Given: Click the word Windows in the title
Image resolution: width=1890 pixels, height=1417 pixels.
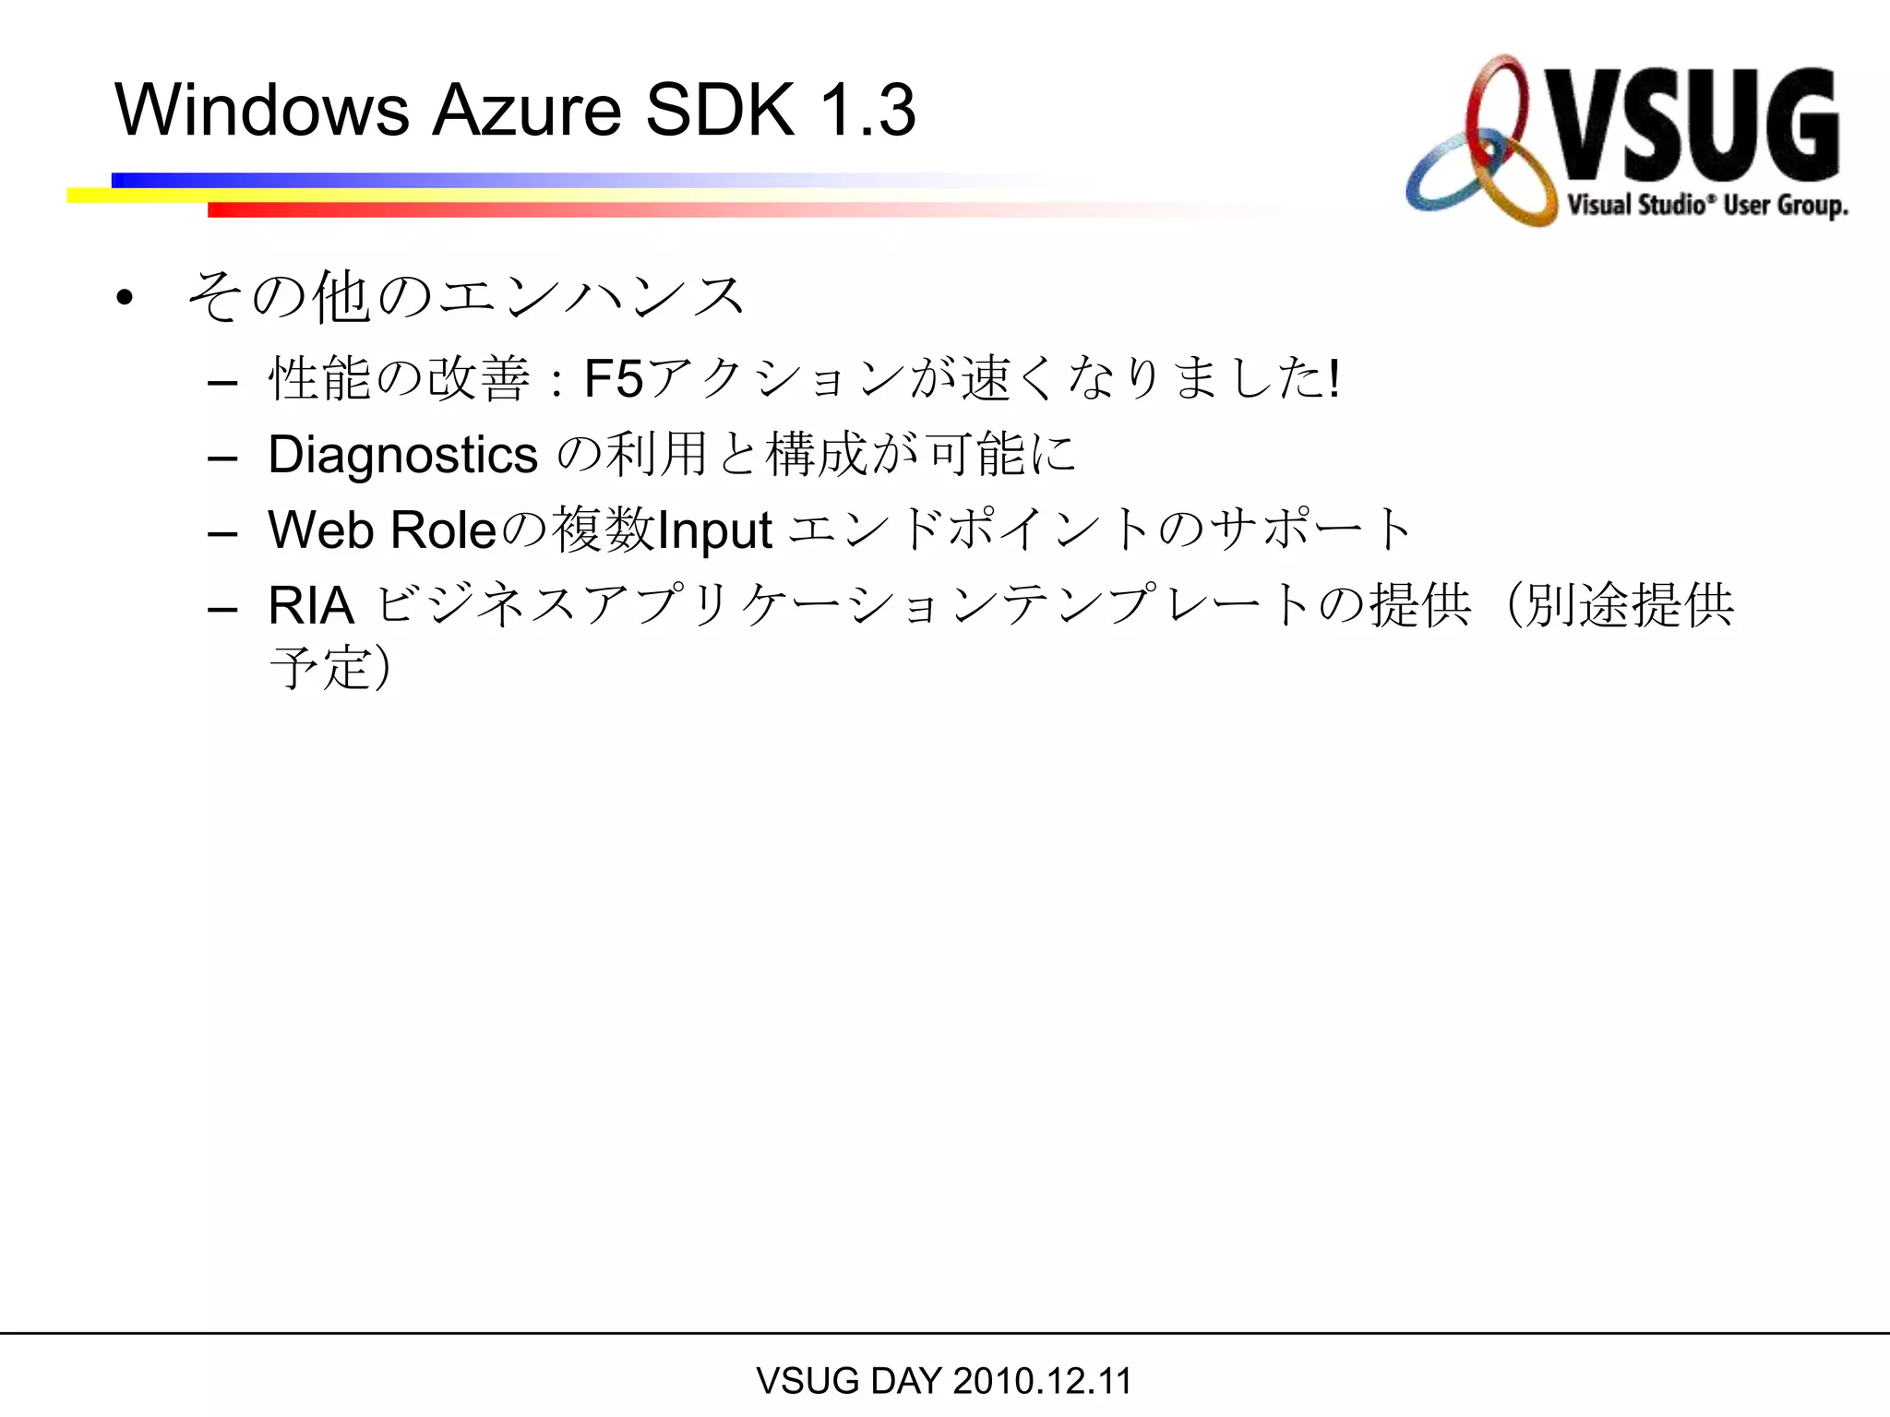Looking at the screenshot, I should [261, 111].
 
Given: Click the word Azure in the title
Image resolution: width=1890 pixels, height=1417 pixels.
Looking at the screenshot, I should [527, 111].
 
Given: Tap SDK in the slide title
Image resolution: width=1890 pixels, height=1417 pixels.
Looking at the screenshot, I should [719, 111].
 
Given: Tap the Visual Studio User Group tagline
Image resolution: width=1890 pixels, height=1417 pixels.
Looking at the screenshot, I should [1707, 205].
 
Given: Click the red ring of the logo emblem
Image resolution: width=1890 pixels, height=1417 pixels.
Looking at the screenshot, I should [1497, 101].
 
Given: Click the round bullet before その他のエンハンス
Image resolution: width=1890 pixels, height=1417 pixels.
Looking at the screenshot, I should [125, 298].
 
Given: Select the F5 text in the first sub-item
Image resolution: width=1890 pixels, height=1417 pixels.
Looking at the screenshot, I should [614, 379].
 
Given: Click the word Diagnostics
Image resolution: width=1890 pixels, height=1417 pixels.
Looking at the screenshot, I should [402, 455].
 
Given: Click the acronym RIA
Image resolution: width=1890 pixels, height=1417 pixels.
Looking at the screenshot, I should [311, 606].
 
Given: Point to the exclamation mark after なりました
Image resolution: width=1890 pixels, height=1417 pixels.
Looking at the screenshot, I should [1334, 379].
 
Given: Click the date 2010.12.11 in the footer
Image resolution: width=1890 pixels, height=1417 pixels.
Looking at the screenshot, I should [1042, 1381].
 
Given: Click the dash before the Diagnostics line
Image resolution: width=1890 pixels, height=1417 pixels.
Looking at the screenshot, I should [223, 458].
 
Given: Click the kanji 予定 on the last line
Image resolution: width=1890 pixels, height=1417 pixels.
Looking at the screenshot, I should [319, 668].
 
